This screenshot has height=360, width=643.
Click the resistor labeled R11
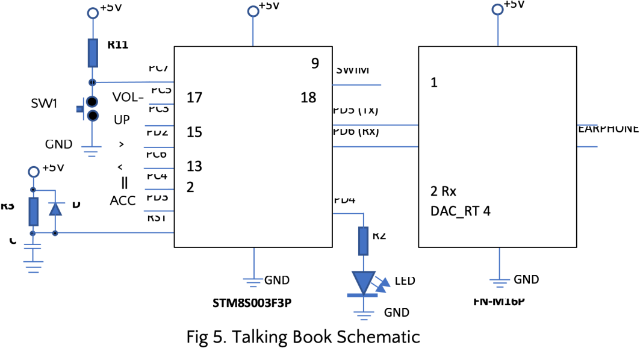tap(93, 53)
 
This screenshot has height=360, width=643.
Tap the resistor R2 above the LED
tap(363, 240)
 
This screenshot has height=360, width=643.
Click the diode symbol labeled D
tap(55, 208)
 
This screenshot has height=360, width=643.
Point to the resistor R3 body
tap(34, 211)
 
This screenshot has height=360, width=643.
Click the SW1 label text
tap(44, 104)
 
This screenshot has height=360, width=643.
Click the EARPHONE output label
tap(608, 128)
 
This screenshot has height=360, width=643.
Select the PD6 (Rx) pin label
tap(356, 132)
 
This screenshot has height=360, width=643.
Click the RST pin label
tap(158, 218)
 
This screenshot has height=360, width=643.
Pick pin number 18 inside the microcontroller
tap(308, 98)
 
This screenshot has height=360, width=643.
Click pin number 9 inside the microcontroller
tap(315, 63)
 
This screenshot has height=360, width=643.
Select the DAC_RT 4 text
tap(460, 211)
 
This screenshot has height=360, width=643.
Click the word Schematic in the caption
tap(379, 337)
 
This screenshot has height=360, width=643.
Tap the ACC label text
tap(122, 201)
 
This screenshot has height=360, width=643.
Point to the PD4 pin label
tap(344, 199)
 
